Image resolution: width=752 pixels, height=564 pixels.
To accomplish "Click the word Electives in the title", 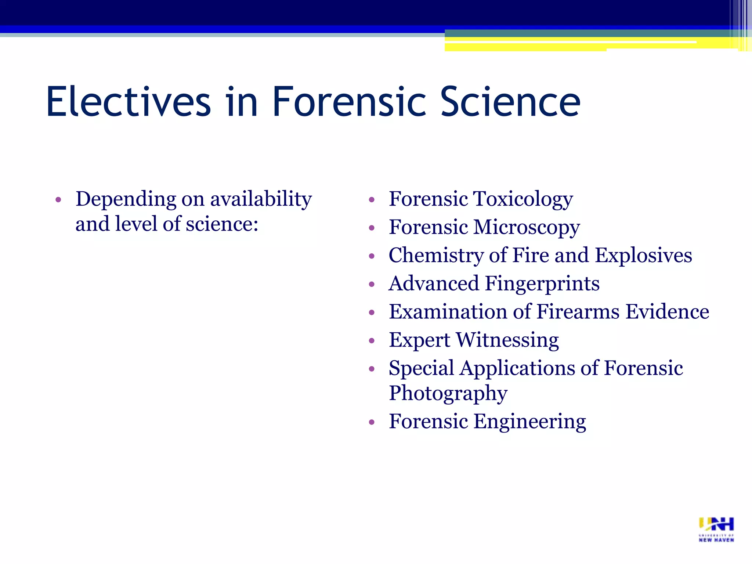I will click(x=128, y=101).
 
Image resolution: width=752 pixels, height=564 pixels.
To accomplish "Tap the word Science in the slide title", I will click(x=510, y=101).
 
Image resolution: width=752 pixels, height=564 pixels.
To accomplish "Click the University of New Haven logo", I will click(x=716, y=529).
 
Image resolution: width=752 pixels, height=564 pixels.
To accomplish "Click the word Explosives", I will click(x=643, y=255).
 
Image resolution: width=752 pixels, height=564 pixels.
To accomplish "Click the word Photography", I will click(x=448, y=393).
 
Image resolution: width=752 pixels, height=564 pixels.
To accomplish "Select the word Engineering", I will click(x=530, y=422).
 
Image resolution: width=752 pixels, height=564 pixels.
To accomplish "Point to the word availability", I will click(x=261, y=199).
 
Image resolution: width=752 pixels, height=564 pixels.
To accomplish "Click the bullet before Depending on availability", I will click(x=58, y=200).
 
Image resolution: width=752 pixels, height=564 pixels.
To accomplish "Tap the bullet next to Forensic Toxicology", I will click(x=372, y=200).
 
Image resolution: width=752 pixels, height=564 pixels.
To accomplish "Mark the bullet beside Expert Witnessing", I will click(x=372, y=341).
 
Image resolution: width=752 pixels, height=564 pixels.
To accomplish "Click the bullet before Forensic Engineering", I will click(x=372, y=422).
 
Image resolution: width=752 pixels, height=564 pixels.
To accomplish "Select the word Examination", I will click(x=448, y=312).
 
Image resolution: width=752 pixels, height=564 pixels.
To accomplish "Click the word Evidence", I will click(x=667, y=312).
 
